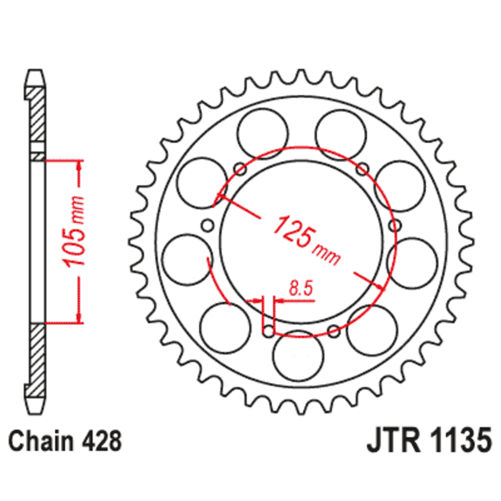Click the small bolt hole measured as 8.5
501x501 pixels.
tap(269, 329)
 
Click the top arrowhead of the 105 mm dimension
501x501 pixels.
tap(79, 165)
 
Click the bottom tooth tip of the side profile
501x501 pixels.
tap(36, 408)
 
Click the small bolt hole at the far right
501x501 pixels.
tap(393, 224)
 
